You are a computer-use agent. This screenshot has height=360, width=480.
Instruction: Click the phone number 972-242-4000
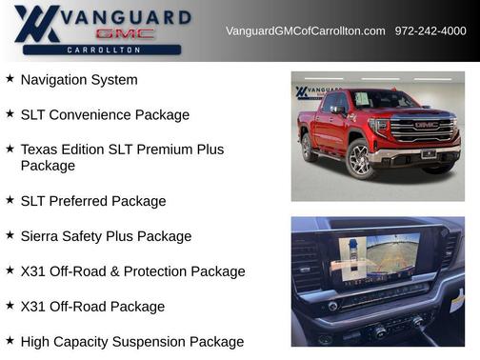[430, 31]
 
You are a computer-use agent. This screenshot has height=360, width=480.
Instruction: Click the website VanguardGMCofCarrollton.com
[305, 31]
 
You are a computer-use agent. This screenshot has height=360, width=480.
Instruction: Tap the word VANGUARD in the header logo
[130, 16]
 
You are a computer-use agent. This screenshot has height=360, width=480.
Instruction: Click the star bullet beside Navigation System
[10, 79]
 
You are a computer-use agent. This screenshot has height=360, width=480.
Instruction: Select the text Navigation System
[79, 80]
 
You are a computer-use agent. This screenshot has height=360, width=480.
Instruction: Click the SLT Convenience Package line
[105, 115]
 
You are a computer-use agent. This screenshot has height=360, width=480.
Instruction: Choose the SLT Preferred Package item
[93, 201]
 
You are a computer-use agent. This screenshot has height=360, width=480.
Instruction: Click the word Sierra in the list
[42, 236]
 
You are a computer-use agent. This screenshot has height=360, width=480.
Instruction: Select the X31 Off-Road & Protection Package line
[132, 271]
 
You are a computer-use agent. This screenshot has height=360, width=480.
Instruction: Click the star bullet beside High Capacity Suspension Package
[10, 340]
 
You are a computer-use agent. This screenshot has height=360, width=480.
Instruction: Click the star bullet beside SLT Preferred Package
[10, 200]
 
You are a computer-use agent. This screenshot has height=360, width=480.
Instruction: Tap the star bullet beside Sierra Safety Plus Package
[10, 235]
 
